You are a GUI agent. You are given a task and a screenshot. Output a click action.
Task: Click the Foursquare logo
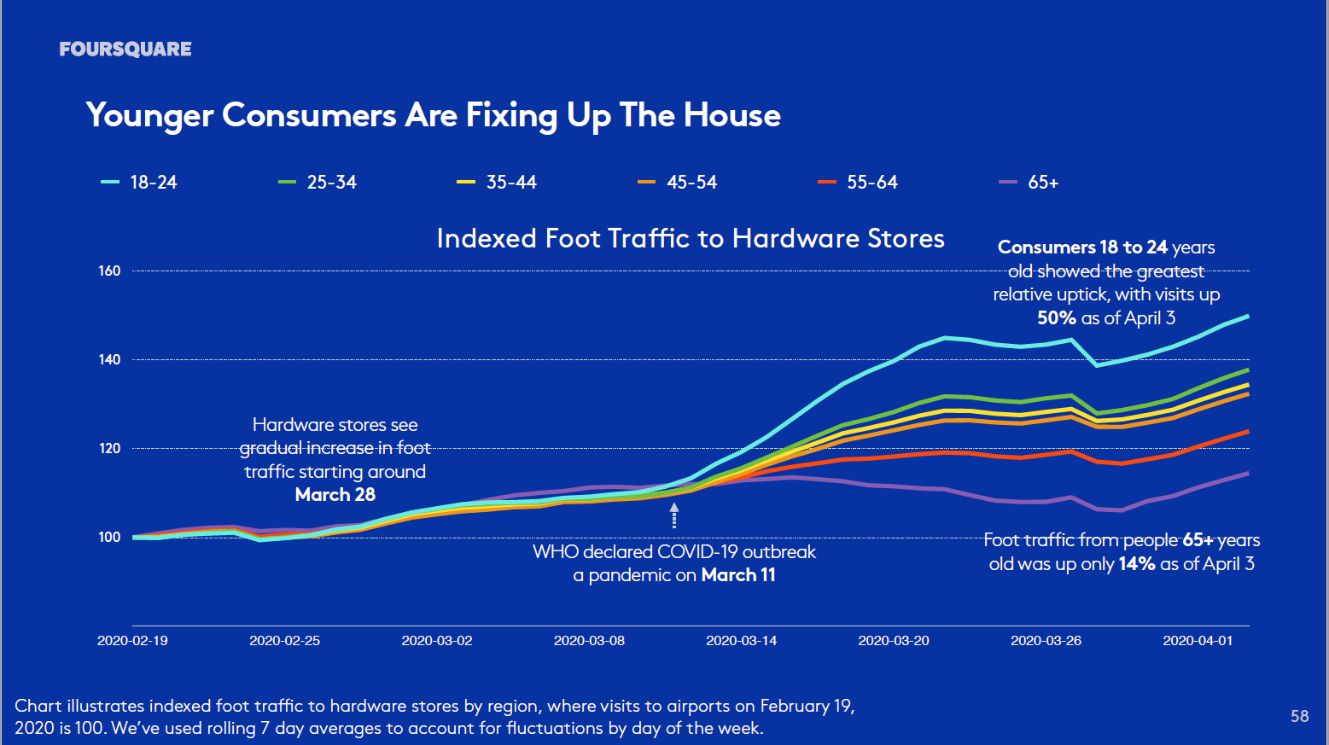coord(125,49)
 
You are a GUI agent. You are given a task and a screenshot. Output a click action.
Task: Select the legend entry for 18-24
coord(140,183)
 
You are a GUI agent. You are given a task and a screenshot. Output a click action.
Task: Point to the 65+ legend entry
coord(1029,183)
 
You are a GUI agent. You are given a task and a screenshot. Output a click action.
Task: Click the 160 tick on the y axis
coord(110,271)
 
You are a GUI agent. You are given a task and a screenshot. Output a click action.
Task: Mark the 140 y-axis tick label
coord(110,360)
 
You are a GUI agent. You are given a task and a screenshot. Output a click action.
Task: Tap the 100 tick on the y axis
coord(110,538)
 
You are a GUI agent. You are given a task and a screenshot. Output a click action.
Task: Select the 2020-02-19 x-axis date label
coord(132,641)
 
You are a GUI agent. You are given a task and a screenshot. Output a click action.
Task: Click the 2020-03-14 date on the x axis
coord(741,641)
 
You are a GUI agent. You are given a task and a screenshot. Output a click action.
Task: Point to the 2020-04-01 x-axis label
coord(1198,641)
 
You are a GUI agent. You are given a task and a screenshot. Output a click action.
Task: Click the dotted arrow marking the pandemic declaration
coord(674,515)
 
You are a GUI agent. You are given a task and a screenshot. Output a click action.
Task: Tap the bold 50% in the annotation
coord(1057,318)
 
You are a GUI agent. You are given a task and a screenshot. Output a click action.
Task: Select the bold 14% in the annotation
coord(1136,564)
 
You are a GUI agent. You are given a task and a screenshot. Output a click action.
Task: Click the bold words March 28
coord(335,495)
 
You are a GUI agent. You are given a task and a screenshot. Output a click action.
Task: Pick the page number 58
coord(1299,716)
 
